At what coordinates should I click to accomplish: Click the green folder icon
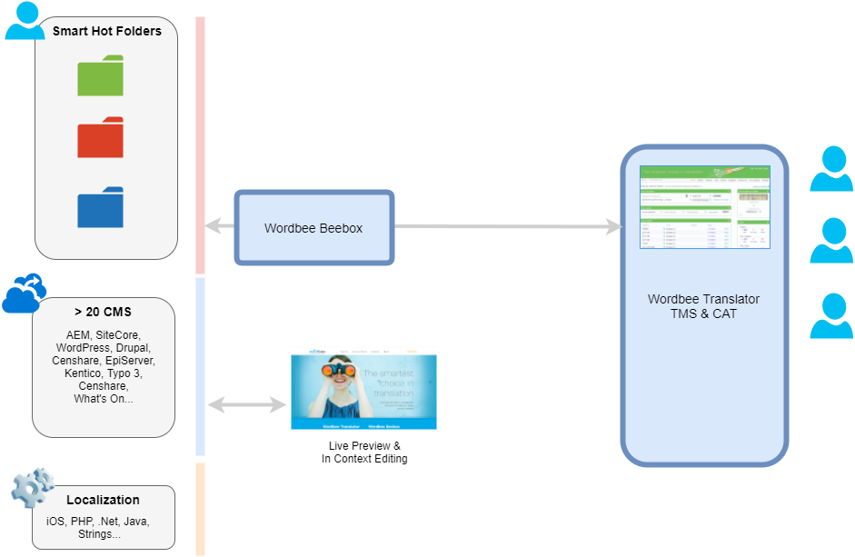click(x=100, y=76)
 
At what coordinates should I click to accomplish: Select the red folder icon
click(x=100, y=138)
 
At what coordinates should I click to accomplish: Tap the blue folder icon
click(x=100, y=208)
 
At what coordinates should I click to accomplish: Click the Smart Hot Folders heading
click(x=106, y=31)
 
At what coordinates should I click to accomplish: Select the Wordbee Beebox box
click(x=313, y=228)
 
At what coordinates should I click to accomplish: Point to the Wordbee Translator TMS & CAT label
click(x=703, y=306)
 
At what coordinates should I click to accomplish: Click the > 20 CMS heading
click(x=103, y=312)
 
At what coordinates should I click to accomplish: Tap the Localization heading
click(x=103, y=500)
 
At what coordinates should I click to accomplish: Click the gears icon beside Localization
click(x=33, y=488)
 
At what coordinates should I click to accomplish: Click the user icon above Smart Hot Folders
click(x=25, y=21)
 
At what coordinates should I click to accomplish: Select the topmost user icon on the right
click(x=830, y=169)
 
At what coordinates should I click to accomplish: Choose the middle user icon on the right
click(x=830, y=241)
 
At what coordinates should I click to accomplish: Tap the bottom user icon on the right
click(x=830, y=316)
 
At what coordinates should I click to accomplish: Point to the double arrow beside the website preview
click(x=246, y=404)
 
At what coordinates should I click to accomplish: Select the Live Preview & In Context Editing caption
click(x=363, y=453)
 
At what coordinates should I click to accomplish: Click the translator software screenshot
click(x=704, y=207)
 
